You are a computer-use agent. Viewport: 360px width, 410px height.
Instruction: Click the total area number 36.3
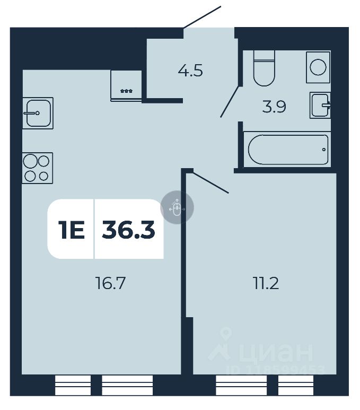click(128, 230)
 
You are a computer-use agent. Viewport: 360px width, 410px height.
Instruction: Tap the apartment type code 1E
click(71, 230)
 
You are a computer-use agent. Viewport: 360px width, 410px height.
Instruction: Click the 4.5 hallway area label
click(190, 71)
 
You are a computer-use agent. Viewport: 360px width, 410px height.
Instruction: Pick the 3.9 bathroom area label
click(274, 107)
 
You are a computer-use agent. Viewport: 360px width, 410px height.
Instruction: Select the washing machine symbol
click(318, 67)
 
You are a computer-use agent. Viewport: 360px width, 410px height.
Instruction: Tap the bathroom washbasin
click(320, 104)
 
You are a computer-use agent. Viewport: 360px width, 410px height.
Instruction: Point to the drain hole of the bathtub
click(323, 150)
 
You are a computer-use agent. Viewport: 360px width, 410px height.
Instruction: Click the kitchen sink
click(38, 112)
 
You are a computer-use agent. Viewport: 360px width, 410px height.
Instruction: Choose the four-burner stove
click(38, 168)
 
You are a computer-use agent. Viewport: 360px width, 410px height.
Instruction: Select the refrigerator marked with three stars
click(126, 84)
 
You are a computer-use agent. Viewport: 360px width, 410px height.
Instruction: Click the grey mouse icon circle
click(177, 208)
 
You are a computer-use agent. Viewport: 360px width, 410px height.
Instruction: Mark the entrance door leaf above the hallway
click(201, 17)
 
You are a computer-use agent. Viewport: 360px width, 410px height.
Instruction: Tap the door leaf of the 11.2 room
click(210, 181)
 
